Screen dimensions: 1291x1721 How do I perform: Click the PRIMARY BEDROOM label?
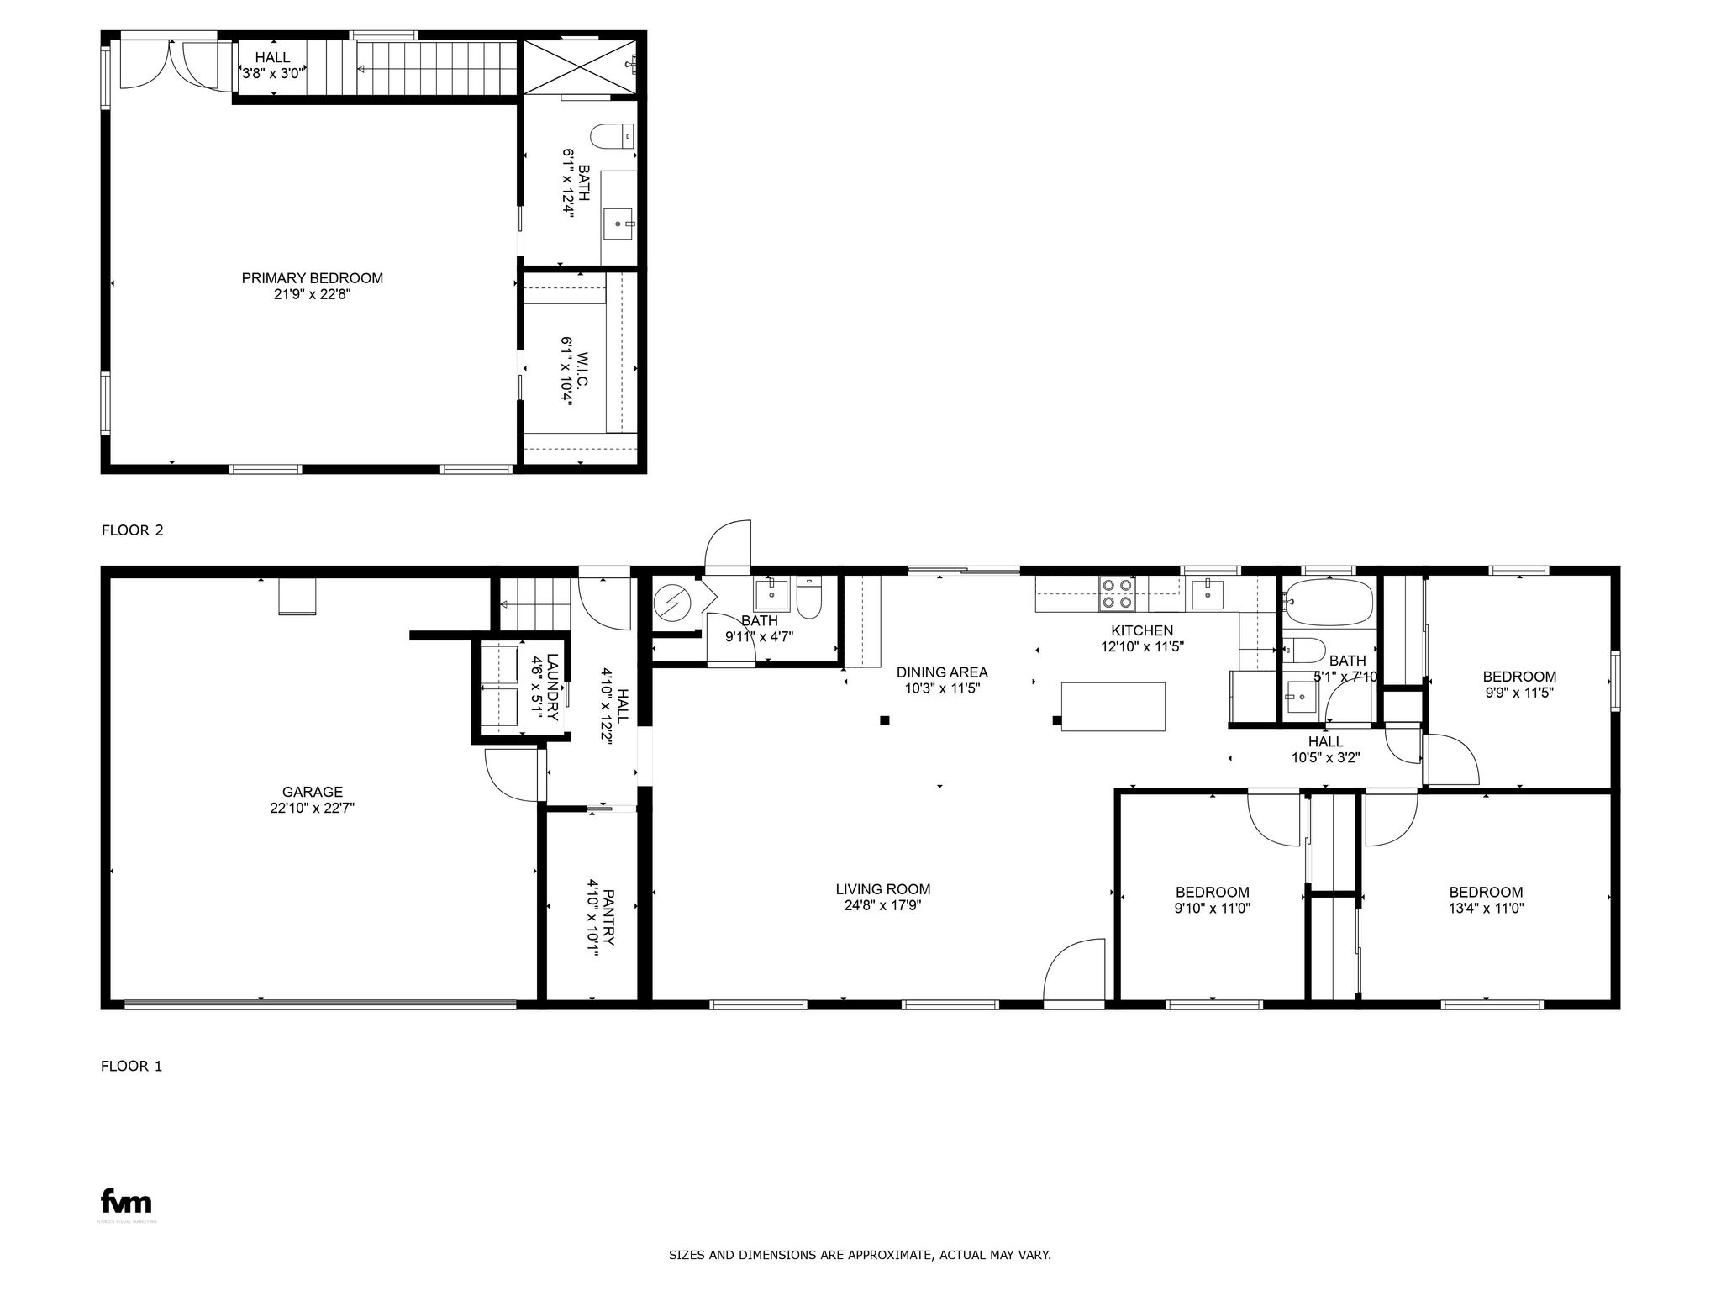pos(312,278)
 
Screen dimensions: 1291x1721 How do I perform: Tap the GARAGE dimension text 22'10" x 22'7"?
pos(312,808)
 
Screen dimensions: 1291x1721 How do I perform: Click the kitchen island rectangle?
pos(1113,707)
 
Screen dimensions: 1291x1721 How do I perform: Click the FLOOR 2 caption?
pos(132,530)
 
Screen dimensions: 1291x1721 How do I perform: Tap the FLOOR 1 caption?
pos(131,1066)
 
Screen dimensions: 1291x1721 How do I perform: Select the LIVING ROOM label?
pos(882,889)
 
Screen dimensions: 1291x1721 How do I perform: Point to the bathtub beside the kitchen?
pos(1328,602)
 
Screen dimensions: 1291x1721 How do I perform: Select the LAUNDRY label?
pos(552,688)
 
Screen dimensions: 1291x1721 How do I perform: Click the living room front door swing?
pos(1074,971)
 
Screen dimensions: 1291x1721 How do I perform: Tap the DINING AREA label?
pos(941,672)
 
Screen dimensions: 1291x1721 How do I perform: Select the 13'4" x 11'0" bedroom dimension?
pos(1485,909)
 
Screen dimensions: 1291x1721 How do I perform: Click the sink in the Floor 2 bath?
pos(619,224)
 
